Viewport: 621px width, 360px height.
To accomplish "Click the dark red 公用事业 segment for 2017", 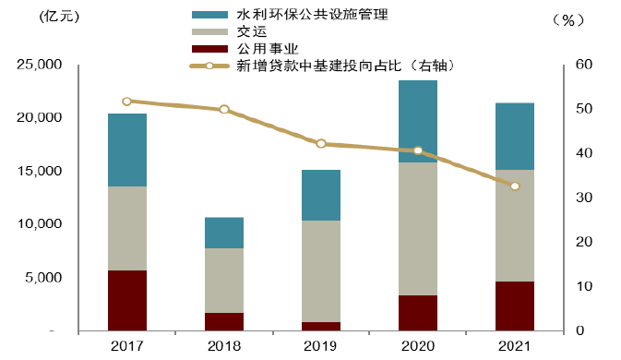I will click(127, 300).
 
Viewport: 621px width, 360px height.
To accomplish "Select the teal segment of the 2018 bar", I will click(224, 233).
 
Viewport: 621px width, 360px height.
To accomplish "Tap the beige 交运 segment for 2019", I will click(321, 271).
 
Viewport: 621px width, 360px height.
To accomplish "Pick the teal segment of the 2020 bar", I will click(418, 121).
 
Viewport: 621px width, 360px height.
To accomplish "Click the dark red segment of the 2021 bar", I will click(515, 306).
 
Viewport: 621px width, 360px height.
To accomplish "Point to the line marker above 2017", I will click(127, 102).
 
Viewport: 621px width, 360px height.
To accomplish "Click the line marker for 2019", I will click(321, 144).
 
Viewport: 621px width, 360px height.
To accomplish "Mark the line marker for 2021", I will click(515, 186).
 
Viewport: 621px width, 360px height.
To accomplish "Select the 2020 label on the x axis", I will click(418, 345).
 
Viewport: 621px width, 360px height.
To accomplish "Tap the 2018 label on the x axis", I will click(224, 345).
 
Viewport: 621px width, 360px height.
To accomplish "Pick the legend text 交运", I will click(251, 32).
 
